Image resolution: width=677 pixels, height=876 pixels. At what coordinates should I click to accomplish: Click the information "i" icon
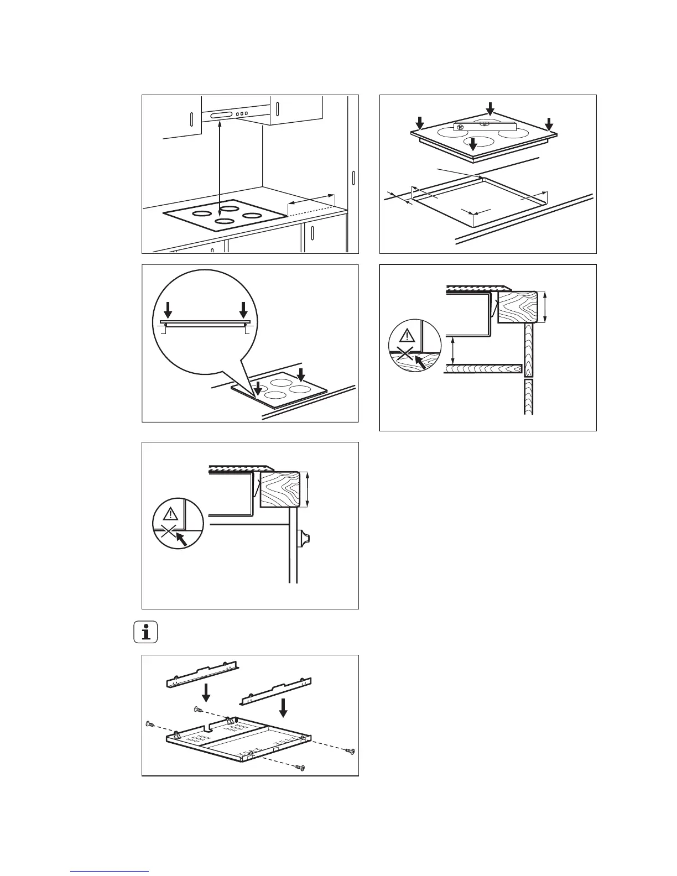[146, 632]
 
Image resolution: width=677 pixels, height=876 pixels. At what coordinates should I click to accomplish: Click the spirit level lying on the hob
[485, 126]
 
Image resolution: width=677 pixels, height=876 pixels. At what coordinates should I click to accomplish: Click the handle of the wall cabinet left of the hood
[190, 121]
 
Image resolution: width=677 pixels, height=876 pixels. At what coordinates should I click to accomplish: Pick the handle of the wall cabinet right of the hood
[277, 106]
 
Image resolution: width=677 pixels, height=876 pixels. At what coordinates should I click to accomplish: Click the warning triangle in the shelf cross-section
[407, 336]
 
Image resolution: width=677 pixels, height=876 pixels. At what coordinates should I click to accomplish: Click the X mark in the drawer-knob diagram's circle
[165, 533]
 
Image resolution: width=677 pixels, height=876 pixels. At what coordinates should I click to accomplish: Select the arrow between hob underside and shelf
[454, 349]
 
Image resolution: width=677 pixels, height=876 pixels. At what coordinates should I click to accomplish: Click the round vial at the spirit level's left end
[460, 126]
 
